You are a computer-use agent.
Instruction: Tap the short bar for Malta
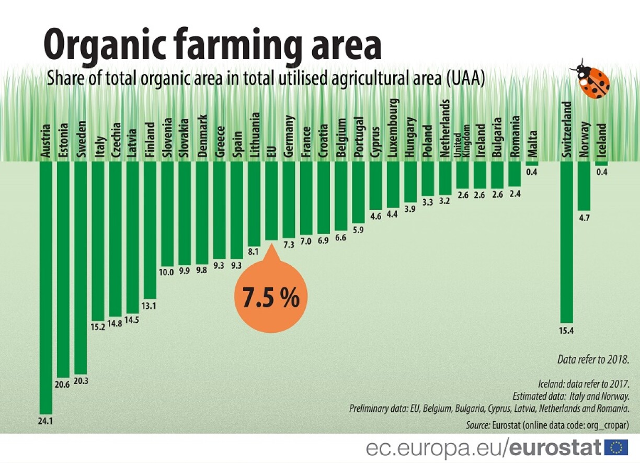[532, 163]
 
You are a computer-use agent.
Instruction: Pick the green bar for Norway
[584, 186]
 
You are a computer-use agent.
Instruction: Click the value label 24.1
[46, 420]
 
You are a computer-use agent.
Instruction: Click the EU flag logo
[616, 448]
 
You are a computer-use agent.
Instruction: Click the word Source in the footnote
[477, 425]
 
